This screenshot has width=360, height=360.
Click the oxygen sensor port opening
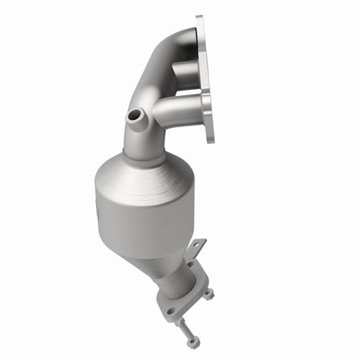coord(134,115)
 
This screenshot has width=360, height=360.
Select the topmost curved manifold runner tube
coord(173,48)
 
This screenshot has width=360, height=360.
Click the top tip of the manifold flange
coord(200,19)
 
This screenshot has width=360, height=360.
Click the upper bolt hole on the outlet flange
coord(192,275)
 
